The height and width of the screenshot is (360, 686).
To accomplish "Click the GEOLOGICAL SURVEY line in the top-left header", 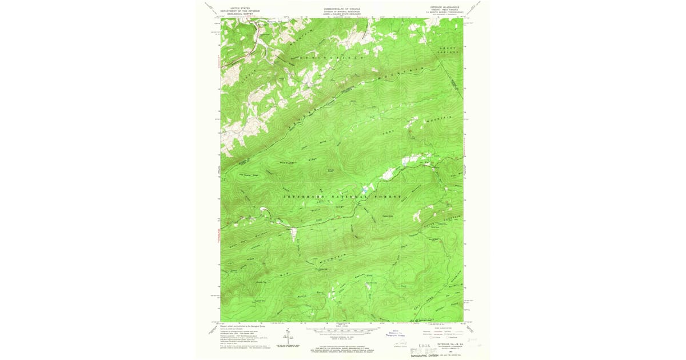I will point(240,13).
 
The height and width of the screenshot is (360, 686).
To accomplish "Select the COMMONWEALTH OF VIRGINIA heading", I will point(342,9).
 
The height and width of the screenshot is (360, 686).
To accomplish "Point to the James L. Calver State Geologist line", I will point(342,14).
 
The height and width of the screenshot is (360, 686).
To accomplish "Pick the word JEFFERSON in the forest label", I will point(301,196).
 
